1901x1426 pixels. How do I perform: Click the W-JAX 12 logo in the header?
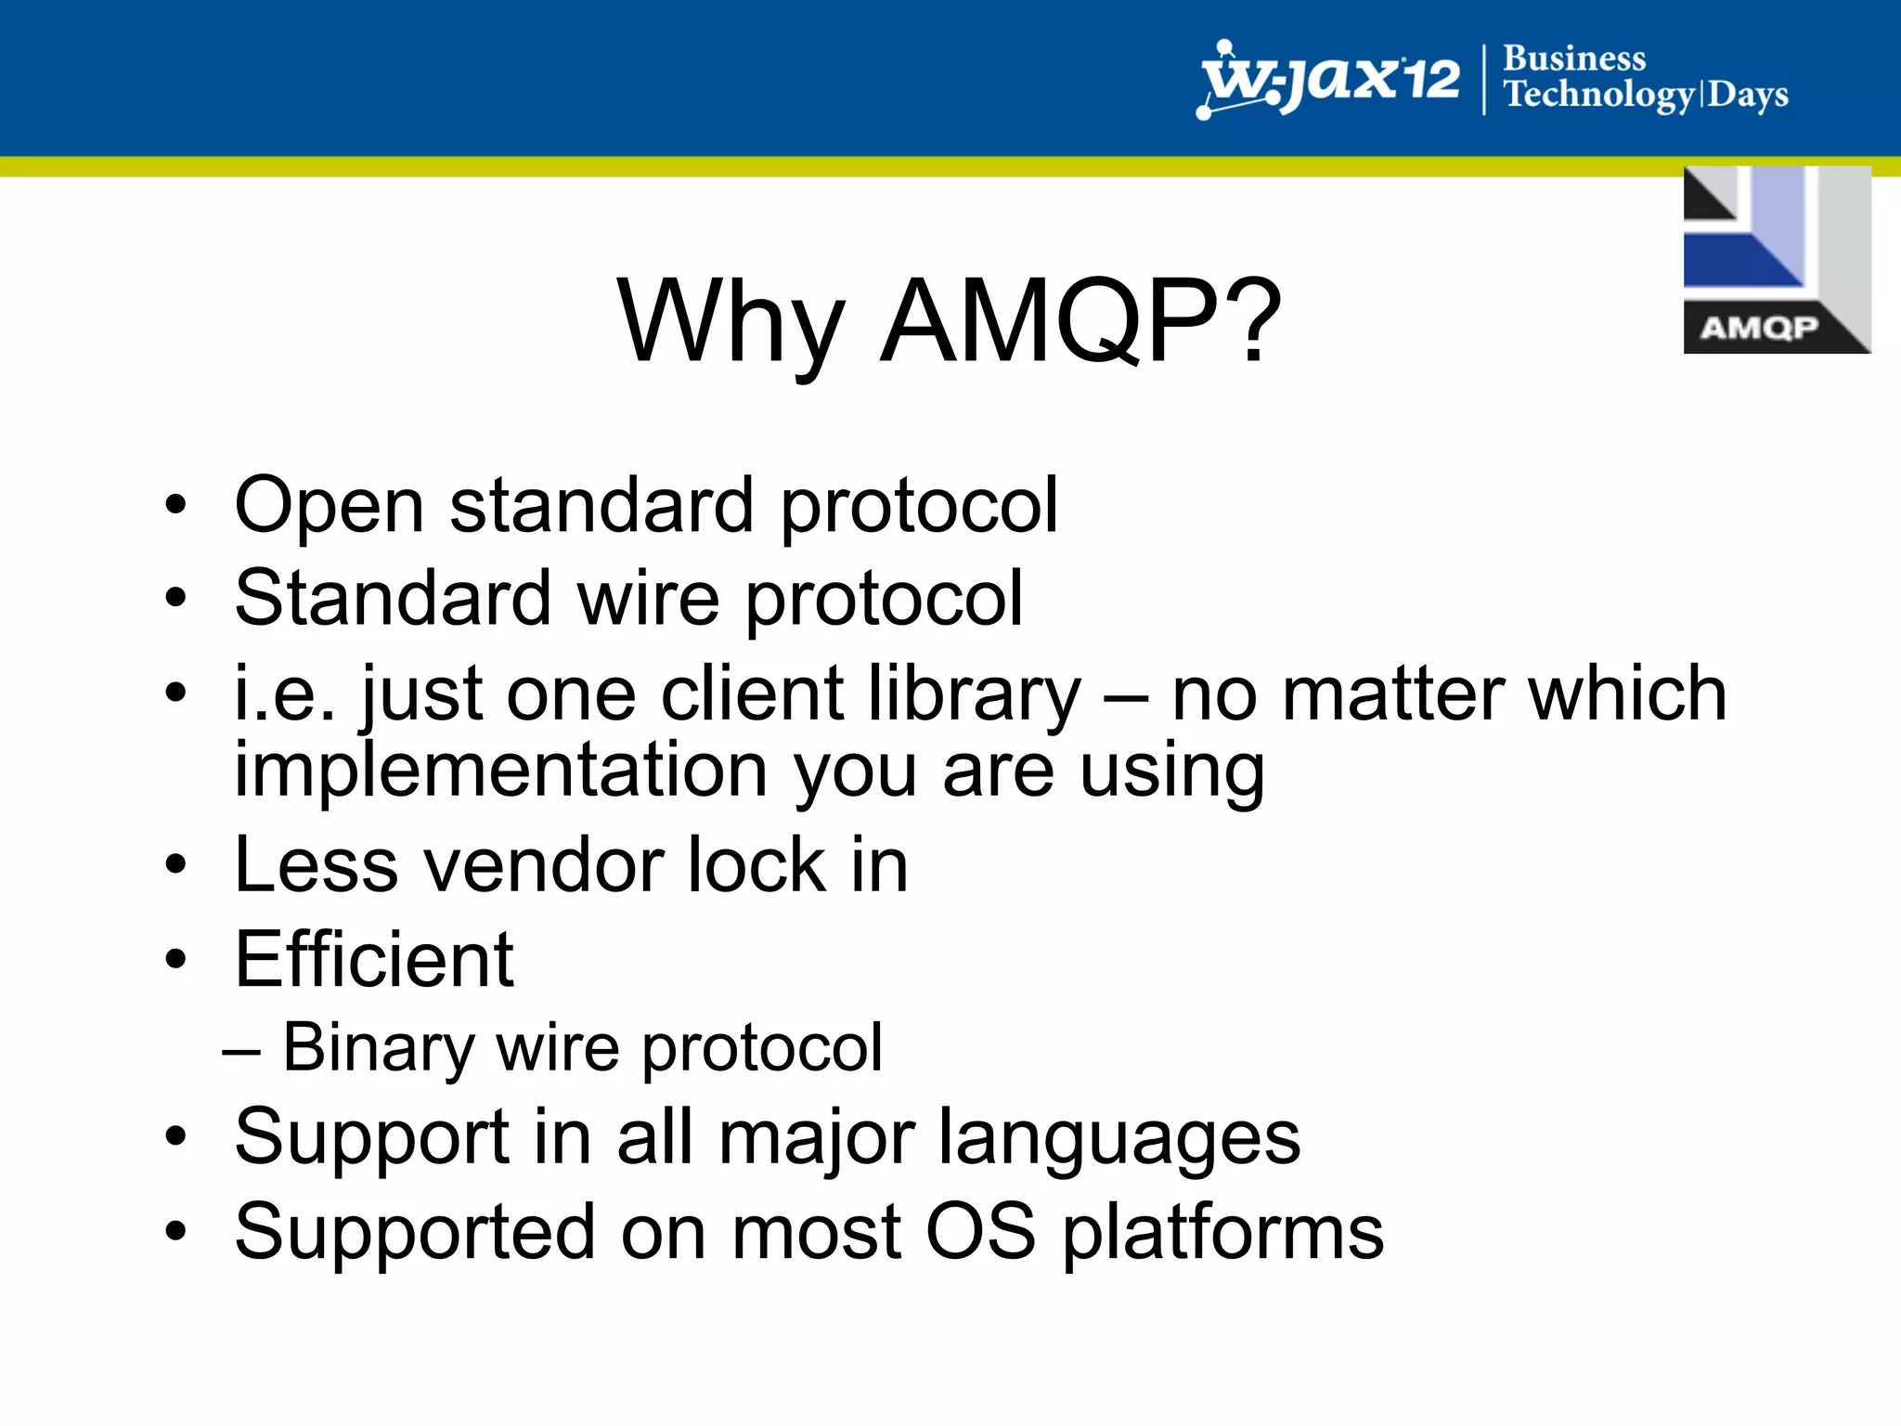point(1329,80)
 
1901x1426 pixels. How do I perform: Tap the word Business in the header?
point(1574,58)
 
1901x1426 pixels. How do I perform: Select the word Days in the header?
point(1748,95)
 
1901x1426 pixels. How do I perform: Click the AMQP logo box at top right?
point(1776,260)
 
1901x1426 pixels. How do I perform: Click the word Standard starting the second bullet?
point(394,598)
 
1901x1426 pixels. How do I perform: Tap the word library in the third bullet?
point(974,694)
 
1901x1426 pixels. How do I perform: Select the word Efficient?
point(373,960)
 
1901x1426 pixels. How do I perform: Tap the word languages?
point(1118,1139)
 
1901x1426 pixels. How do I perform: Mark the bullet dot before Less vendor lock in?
point(175,865)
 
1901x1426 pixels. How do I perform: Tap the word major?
point(817,1139)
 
